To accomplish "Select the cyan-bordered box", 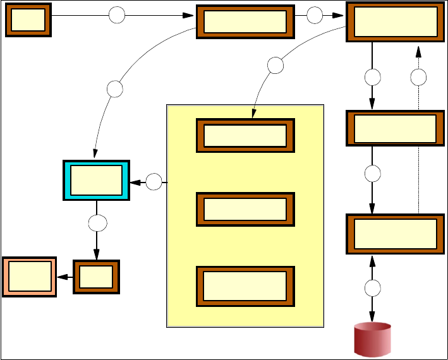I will [x=97, y=180].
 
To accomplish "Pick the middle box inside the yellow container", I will [x=245, y=207].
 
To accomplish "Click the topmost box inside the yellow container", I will [x=245, y=135].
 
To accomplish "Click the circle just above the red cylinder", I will [x=373, y=288].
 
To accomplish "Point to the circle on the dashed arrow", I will [x=418, y=77].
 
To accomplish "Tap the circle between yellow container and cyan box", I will [x=154, y=183].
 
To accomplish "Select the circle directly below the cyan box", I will [x=97, y=222].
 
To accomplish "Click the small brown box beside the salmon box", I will [x=96, y=277].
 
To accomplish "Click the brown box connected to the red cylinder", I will [x=391, y=234].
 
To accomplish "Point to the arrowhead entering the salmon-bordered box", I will [x=61, y=277].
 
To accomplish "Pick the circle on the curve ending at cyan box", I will [x=114, y=88].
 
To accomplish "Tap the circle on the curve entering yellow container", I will [x=275, y=64].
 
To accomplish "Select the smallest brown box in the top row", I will [x=28, y=20].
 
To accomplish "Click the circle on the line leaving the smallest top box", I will [x=117, y=16].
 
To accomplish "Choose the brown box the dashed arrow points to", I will [x=395, y=22].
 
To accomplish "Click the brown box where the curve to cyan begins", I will [x=245, y=22].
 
